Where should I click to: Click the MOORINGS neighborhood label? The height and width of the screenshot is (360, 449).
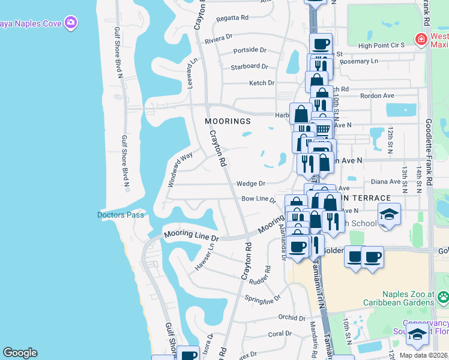point(228,121)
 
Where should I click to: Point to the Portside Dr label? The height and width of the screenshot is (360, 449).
point(249,50)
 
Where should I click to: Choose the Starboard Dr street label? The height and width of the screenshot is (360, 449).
point(249,67)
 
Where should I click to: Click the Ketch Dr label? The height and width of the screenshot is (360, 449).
point(262,83)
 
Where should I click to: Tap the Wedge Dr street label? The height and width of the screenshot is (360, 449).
point(250,184)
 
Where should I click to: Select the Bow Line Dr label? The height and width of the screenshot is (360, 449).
point(258,199)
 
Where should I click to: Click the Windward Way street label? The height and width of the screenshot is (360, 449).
point(179,170)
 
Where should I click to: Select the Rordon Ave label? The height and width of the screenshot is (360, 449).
point(376,95)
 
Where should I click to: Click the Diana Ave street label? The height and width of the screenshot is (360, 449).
point(385,182)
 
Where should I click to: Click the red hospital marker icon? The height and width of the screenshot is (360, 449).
point(421,40)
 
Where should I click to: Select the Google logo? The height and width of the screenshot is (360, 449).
point(20,353)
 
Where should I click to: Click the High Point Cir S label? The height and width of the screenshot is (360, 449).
point(382,46)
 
